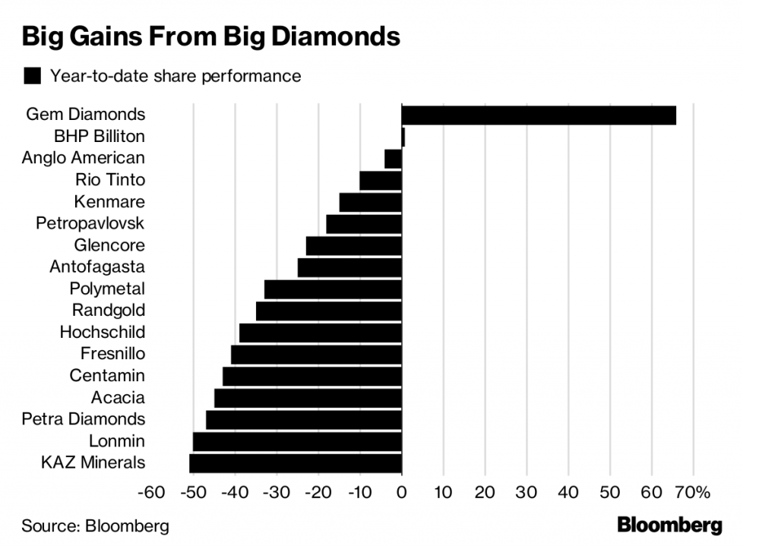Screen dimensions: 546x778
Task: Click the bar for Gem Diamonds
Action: click(539, 115)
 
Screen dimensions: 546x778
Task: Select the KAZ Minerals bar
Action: click(296, 463)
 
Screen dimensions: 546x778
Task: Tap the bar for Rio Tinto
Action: click(381, 181)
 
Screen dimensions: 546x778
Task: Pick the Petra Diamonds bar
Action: click(304, 420)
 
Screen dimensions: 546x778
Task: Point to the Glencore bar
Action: click(354, 246)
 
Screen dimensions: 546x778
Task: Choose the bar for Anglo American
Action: click(393, 159)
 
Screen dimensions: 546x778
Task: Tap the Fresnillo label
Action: click(112, 354)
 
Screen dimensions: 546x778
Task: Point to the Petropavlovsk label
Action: click(90, 223)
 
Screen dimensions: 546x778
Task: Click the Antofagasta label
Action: click(96, 267)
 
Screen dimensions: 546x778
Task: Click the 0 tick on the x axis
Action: click(401, 493)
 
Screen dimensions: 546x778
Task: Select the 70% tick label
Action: click(691, 493)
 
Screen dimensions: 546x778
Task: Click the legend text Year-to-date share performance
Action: click(176, 76)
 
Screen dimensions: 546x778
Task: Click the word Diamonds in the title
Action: click(334, 36)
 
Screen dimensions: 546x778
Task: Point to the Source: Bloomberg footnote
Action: click(95, 525)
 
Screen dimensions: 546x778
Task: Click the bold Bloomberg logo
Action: click(669, 525)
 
